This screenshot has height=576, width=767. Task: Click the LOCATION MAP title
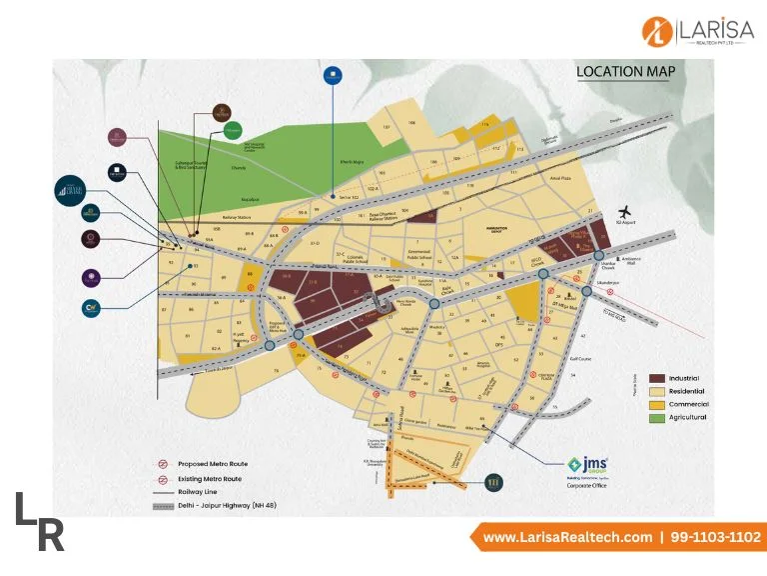point(625,71)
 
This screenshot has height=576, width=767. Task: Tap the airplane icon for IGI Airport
point(626,212)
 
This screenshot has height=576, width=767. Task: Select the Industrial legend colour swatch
point(657,378)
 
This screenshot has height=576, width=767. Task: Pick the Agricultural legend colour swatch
point(657,417)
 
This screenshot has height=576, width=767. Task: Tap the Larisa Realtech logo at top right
point(695,32)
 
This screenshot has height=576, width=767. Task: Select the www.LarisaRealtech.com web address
point(566,537)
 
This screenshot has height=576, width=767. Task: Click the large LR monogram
point(40,521)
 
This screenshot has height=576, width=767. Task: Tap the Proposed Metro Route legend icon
point(163,464)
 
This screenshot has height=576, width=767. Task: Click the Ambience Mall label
point(636,257)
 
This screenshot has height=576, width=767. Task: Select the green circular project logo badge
point(232,130)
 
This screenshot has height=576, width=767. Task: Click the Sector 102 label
point(349,200)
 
